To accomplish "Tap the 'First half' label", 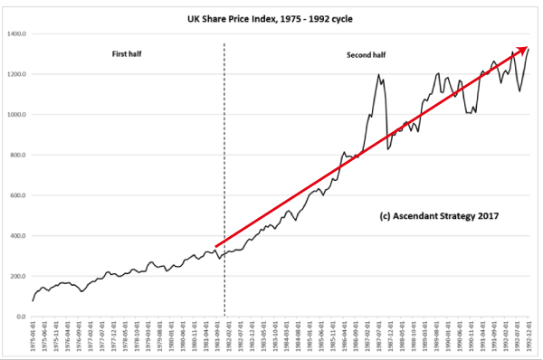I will pyautogui.click(x=126, y=54).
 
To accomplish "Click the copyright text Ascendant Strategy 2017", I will pyautogui.click(x=436, y=217).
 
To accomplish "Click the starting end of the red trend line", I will pyautogui.click(x=216, y=245).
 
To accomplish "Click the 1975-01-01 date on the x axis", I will pyautogui.click(x=33, y=339).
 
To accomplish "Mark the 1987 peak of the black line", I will pyautogui.click(x=378, y=75).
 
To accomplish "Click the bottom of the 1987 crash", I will pyautogui.click(x=387, y=148).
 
